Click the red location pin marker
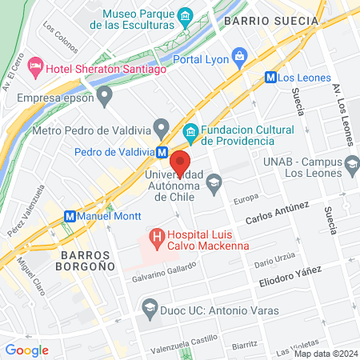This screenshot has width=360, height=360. (x=179, y=162)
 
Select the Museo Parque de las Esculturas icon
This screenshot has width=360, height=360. (x=186, y=16)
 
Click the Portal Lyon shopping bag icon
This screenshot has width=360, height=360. (x=239, y=56)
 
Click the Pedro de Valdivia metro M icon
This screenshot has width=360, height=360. (x=162, y=151)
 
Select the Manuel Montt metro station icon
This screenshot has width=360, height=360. (x=70, y=216)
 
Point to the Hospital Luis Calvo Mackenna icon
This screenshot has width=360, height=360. (x=156, y=237)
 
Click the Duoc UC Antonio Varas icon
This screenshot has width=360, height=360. (x=149, y=306)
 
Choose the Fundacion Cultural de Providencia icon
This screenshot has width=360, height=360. (x=190, y=130)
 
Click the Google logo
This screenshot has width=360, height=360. (x=26, y=350)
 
